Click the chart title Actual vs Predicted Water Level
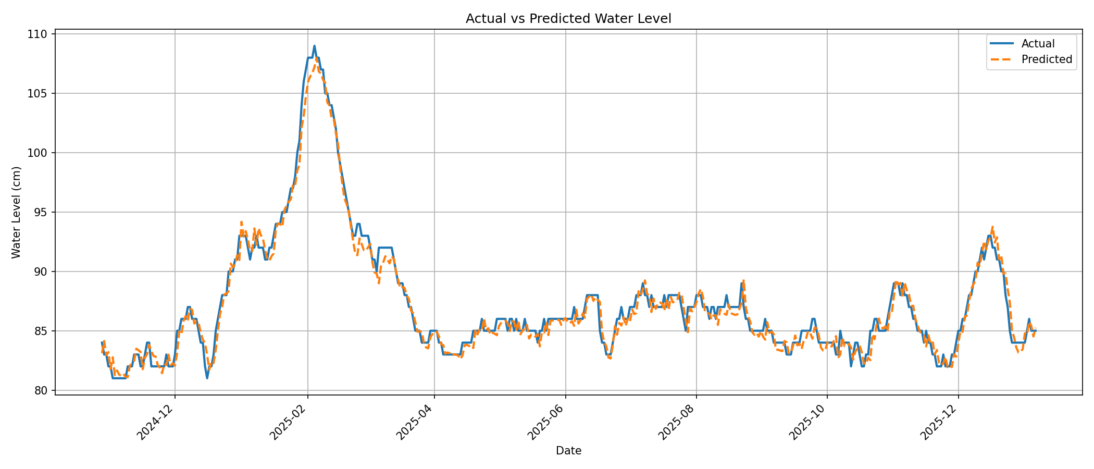pos(568,19)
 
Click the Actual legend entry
pos(1038,44)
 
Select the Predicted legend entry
pos(1047,59)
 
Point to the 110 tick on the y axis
pos(40,34)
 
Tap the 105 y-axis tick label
pos(40,94)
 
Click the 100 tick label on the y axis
pos(40,153)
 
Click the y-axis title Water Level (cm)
pos(17,212)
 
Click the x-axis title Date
pos(568,451)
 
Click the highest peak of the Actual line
pos(314,46)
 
